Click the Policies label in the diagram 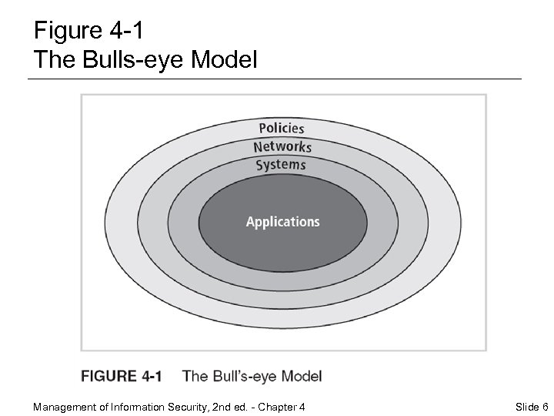pos(281,128)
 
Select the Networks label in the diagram pos(282,146)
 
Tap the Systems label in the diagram pos(281,165)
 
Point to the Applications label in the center pos(282,222)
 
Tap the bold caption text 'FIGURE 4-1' pos(122,377)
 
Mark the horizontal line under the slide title pos(275,79)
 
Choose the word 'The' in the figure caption pos(195,377)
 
